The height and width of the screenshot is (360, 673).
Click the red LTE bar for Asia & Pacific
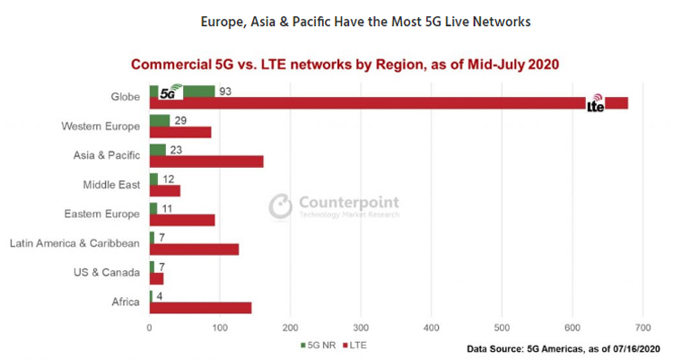[206, 162]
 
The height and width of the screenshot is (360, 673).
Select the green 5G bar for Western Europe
[160, 120]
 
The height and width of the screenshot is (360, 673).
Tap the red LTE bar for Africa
[200, 308]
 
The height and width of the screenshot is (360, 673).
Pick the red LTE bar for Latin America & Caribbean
[194, 249]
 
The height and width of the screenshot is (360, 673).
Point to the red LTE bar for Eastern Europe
[182, 220]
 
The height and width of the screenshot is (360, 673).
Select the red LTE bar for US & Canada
[156, 278]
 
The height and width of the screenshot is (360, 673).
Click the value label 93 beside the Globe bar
[224, 92]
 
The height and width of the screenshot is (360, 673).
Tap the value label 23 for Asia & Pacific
[176, 150]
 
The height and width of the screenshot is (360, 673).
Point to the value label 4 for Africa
[159, 296]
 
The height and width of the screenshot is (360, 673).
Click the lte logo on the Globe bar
[596, 105]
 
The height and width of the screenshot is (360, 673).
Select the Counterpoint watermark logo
[334, 206]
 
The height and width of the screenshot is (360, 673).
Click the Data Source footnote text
[563, 347]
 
